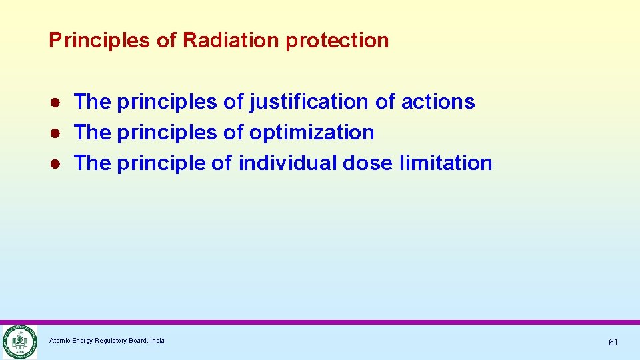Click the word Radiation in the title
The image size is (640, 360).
click(x=231, y=41)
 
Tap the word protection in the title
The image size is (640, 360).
click(x=337, y=41)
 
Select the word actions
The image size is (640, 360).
click(x=438, y=102)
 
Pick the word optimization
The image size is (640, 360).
click(x=311, y=133)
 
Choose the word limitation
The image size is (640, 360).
click(x=446, y=163)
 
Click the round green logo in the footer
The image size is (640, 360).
click(x=19, y=342)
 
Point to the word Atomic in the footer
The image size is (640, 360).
click(x=59, y=341)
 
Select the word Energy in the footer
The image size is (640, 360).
click(x=83, y=341)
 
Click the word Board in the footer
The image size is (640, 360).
click(x=139, y=341)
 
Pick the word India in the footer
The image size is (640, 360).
click(x=157, y=341)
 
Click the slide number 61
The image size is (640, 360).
click(x=613, y=342)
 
